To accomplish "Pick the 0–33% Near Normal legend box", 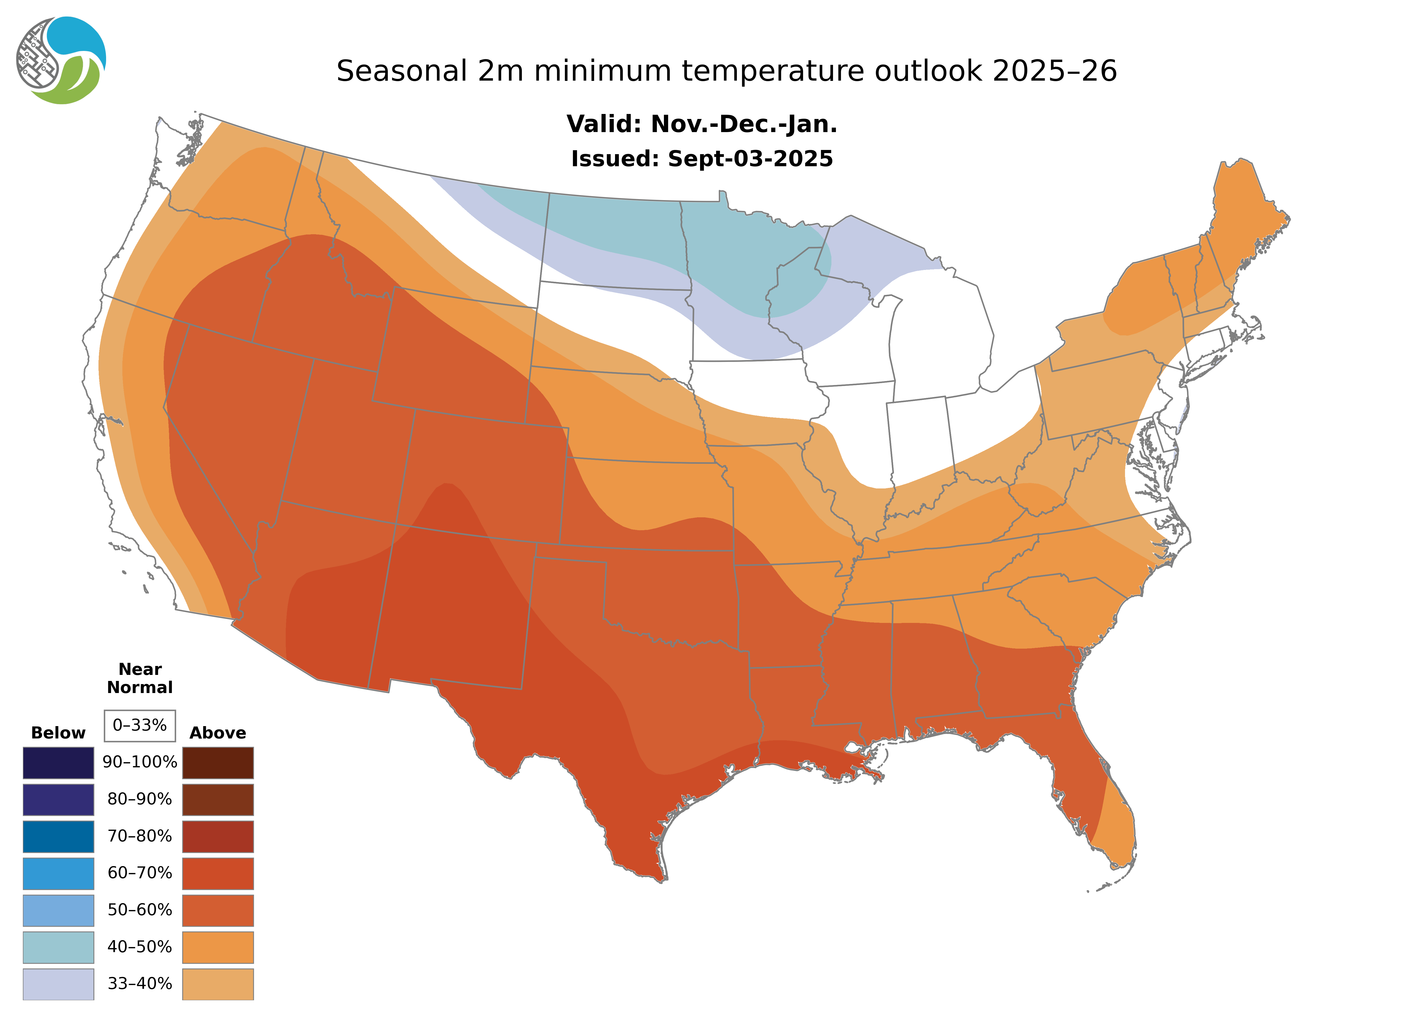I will [x=140, y=725].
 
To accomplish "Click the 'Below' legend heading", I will [x=58, y=733].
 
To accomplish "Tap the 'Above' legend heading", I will [x=218, y=733].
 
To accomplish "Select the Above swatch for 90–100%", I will [x=218, y=763].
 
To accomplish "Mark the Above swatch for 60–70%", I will [x=218, y=873].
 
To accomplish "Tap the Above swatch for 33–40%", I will [x=218, y=983].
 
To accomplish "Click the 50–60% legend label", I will [x=140, y=910].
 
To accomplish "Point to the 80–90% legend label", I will [x=140, y=799].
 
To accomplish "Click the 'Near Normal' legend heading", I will [x=140, y=678].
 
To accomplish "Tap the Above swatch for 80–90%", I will [x=218, y=799].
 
